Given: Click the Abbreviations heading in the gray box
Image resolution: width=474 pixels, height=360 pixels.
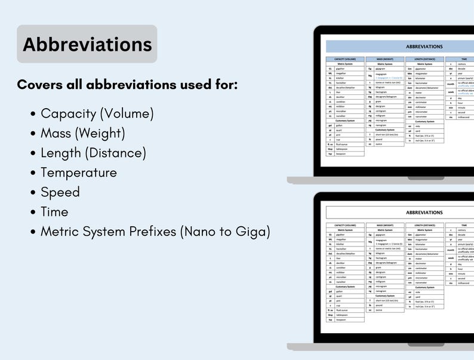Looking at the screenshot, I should point(87,44).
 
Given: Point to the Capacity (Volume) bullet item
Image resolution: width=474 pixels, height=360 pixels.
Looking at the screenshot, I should point(97,113).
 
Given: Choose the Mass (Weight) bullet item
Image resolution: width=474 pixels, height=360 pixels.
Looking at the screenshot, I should point(82,133).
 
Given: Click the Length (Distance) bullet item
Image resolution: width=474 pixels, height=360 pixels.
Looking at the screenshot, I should point(93,153).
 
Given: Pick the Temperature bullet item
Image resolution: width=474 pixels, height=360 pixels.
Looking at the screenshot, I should point(78,173).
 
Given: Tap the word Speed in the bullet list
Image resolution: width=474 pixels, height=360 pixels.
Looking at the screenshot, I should point(60,192).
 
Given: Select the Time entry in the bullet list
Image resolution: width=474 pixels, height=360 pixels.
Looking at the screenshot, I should point(54,212).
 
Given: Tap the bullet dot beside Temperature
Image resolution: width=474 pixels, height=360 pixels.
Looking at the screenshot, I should point(32,173).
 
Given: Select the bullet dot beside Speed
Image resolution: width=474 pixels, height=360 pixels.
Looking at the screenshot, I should point(32,193).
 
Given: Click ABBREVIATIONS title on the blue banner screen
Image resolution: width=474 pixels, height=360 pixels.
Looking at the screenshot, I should point(424,47).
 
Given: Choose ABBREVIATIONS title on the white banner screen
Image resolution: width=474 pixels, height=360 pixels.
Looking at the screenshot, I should point(424,213).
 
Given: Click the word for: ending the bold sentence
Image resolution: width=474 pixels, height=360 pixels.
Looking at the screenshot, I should point(227,85).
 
